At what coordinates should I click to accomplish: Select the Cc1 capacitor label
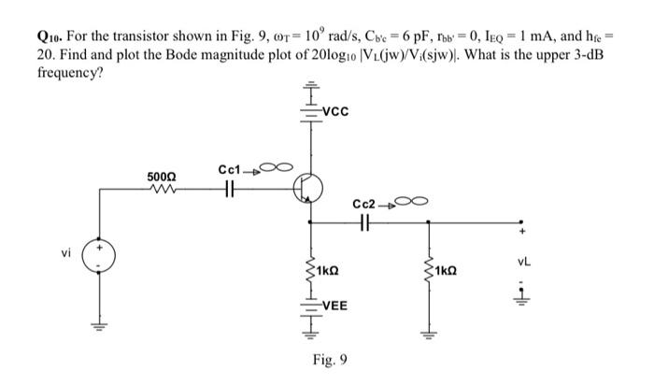pos(229,170)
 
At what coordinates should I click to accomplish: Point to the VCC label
pos(334,113)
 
